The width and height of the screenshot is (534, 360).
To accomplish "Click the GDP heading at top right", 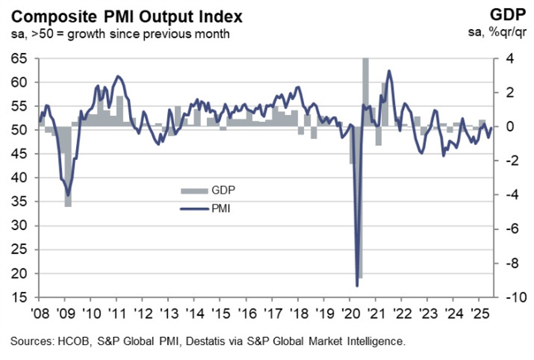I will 510,15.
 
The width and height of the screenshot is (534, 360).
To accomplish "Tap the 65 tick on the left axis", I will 20,59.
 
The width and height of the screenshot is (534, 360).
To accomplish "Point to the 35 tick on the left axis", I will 20,202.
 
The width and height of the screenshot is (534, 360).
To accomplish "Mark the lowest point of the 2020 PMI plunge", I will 357,285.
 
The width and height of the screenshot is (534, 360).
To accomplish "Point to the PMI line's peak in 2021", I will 389,71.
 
